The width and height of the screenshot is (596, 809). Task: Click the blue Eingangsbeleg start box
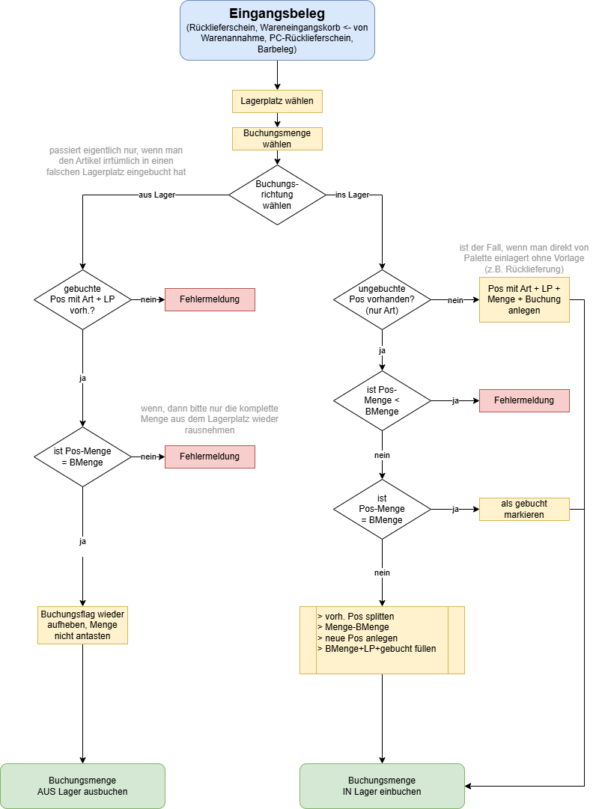277,31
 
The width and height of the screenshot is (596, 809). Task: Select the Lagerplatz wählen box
277,101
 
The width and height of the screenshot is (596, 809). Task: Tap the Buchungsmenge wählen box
277,138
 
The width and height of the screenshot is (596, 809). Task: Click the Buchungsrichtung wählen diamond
277,195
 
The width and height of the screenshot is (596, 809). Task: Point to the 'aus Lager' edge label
157,195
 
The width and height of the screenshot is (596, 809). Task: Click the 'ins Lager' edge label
353,195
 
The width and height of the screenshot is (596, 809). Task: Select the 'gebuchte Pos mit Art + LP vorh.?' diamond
82,300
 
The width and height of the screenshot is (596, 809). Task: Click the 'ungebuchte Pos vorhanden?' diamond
382,300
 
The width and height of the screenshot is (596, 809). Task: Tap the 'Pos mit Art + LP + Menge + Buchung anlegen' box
524,300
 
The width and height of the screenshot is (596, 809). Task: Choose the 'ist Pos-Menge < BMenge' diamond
382,401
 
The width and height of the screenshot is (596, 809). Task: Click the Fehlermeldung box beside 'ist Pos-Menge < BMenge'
524,401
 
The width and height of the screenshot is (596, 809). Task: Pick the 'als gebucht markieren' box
524,509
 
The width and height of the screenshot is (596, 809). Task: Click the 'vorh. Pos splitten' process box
382,641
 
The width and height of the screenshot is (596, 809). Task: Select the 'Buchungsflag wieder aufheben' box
82,626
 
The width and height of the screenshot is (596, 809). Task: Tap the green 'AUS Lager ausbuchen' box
82,787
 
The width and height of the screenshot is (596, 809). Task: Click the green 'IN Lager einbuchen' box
382,787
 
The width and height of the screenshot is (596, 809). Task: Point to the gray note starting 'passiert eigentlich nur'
116,161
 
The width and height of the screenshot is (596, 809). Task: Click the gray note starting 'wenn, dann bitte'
210,419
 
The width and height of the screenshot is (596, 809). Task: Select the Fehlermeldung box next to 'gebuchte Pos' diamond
210,300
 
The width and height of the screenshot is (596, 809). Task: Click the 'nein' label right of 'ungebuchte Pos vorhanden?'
455,300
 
